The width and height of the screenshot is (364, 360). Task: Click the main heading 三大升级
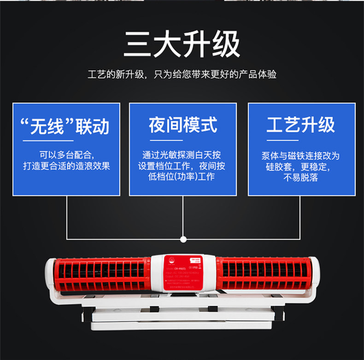(x=182, y=45)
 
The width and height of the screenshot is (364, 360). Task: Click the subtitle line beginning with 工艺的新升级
(x=182, y=74)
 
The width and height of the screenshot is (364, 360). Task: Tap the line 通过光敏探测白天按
(x=182, y=155)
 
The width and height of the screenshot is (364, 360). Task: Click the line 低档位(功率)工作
(x=182, y=177)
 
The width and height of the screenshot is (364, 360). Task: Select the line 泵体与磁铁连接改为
(x=300, y=156)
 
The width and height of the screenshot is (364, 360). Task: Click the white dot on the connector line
(x=183, y=239)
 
